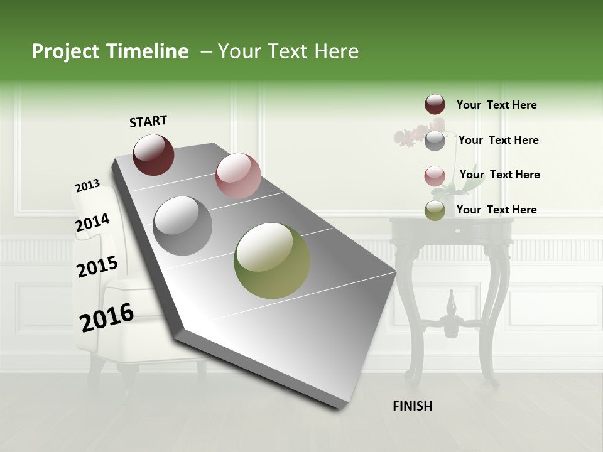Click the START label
(x=148, y=121)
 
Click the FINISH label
(x=413, y=406)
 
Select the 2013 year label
(x=87, y=186)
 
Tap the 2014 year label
(x=92, y=223)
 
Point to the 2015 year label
(x=97, y=267)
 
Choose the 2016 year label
(x=107, y=317)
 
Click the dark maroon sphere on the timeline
(x=153, y=154)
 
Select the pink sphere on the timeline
(x=238, y=176)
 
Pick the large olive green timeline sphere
(x=272, y=261)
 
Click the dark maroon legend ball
(x=435, y=105)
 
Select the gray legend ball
(x=435, y=141)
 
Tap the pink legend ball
(x=435, y=176)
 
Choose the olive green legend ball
(x=435, y=210)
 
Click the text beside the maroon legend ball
(x=496, y=105)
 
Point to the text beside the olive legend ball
(x=496, y=210)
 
